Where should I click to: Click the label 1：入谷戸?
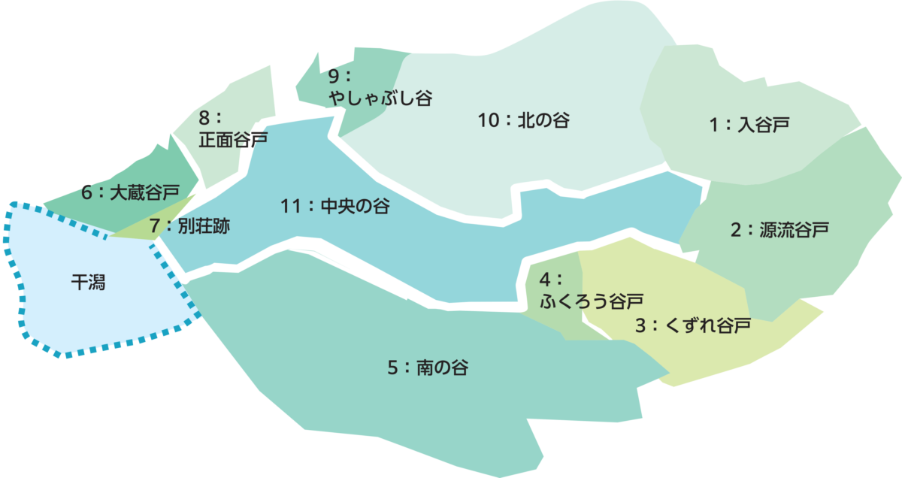[749, 125]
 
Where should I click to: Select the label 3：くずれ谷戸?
[692, 326]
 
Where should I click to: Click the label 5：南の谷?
[428, 368]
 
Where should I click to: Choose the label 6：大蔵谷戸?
[131, 193]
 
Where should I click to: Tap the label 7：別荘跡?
[189, 225]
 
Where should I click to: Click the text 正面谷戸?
[233, 139]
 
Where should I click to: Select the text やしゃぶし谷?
[380, 98]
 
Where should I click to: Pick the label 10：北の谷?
[523, 120]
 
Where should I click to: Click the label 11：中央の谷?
[335, 207]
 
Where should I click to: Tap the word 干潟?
[88, 283]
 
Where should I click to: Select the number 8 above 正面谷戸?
[205, 117]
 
